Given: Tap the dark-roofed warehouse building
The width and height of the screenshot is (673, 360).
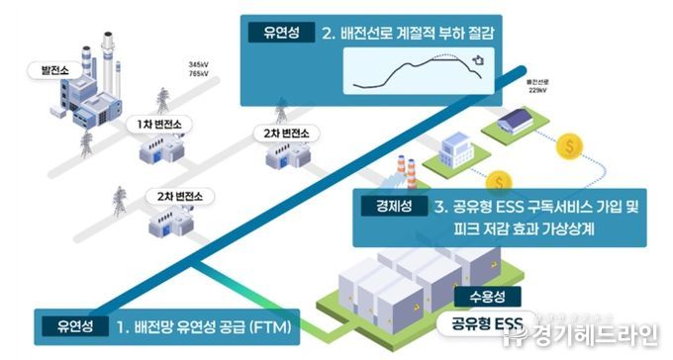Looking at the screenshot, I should pyautogui.click(x=523, y=121).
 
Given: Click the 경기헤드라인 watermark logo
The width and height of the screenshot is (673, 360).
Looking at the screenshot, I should pyautogui.click(x=584, y=339).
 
